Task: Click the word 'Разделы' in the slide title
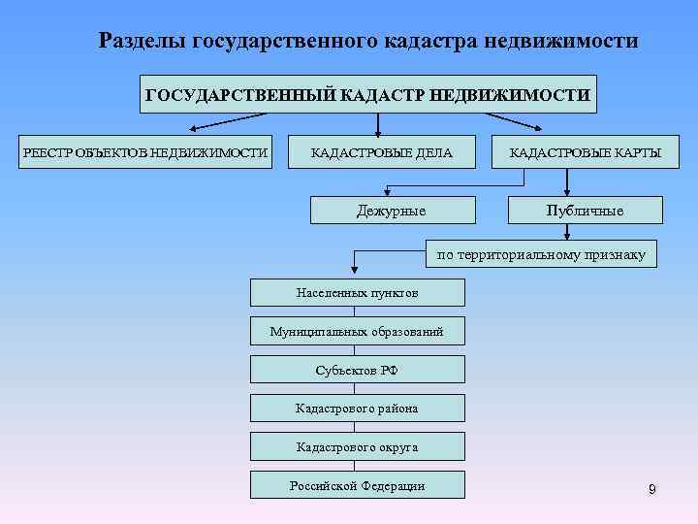pos(143,42)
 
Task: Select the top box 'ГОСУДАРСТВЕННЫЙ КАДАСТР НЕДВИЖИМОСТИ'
pos(367,94)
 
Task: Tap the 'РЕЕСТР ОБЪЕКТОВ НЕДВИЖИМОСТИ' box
pos(145,152)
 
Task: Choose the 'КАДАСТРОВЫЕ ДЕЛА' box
pos(381,152)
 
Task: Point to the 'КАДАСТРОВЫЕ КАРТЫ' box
pos(586,152)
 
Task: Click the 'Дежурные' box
pos(392,211)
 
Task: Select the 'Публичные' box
pos(585,211)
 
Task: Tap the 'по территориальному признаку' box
pos(541,255)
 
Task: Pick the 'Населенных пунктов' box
pos(357,292)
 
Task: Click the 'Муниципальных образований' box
pos(357,331)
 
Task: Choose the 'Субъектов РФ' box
pos(357,370)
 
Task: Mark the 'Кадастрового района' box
pos(357,409)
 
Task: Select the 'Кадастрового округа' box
pos(357,446)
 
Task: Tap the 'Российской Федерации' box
pos(357,485)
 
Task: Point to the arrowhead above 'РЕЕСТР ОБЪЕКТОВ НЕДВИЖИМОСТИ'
pos(194,128)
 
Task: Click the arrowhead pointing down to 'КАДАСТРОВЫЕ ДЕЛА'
pos(377,129)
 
